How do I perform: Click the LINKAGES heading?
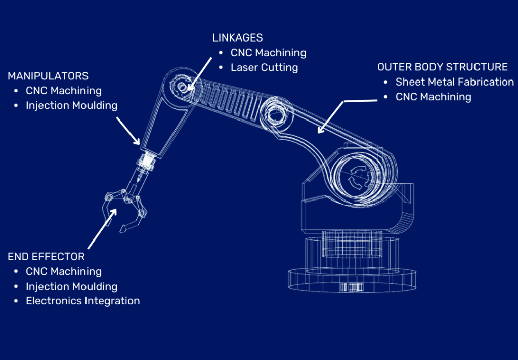pyautogui.click(x=237, y=37)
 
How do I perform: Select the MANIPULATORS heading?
pyautogui.click(x=48, y=76)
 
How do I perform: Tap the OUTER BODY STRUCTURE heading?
pyautogui.click(x=443, y=67)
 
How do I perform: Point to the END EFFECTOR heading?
pyautogui.click(x=46, y=257)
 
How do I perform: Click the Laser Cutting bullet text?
pyautogui.click(x=264, y=67)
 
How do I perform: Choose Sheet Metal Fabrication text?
pyautogui.click(x=454, y=82)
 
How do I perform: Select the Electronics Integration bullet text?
pyautogui.click(x=83, y=301)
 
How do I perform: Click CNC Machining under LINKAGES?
pyautogui.click(x=268, y=53)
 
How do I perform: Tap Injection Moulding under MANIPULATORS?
pyautogui.click(x=72, y=106)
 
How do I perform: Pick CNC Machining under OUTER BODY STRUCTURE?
pyautogui.click(x=433, y=97)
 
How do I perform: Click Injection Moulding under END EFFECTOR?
pyautogui.click(x=72, y=287)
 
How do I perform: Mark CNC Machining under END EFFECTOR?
pyautogui.click(x=64, y=272)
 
